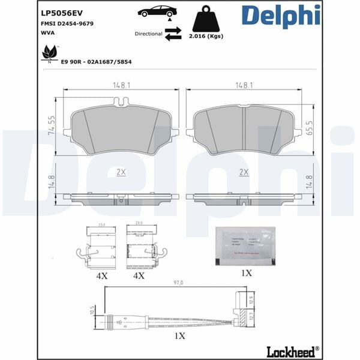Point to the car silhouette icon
[157, 11]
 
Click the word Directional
[149, 34]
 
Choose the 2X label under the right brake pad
[244, 172]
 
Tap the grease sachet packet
[245, 245]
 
